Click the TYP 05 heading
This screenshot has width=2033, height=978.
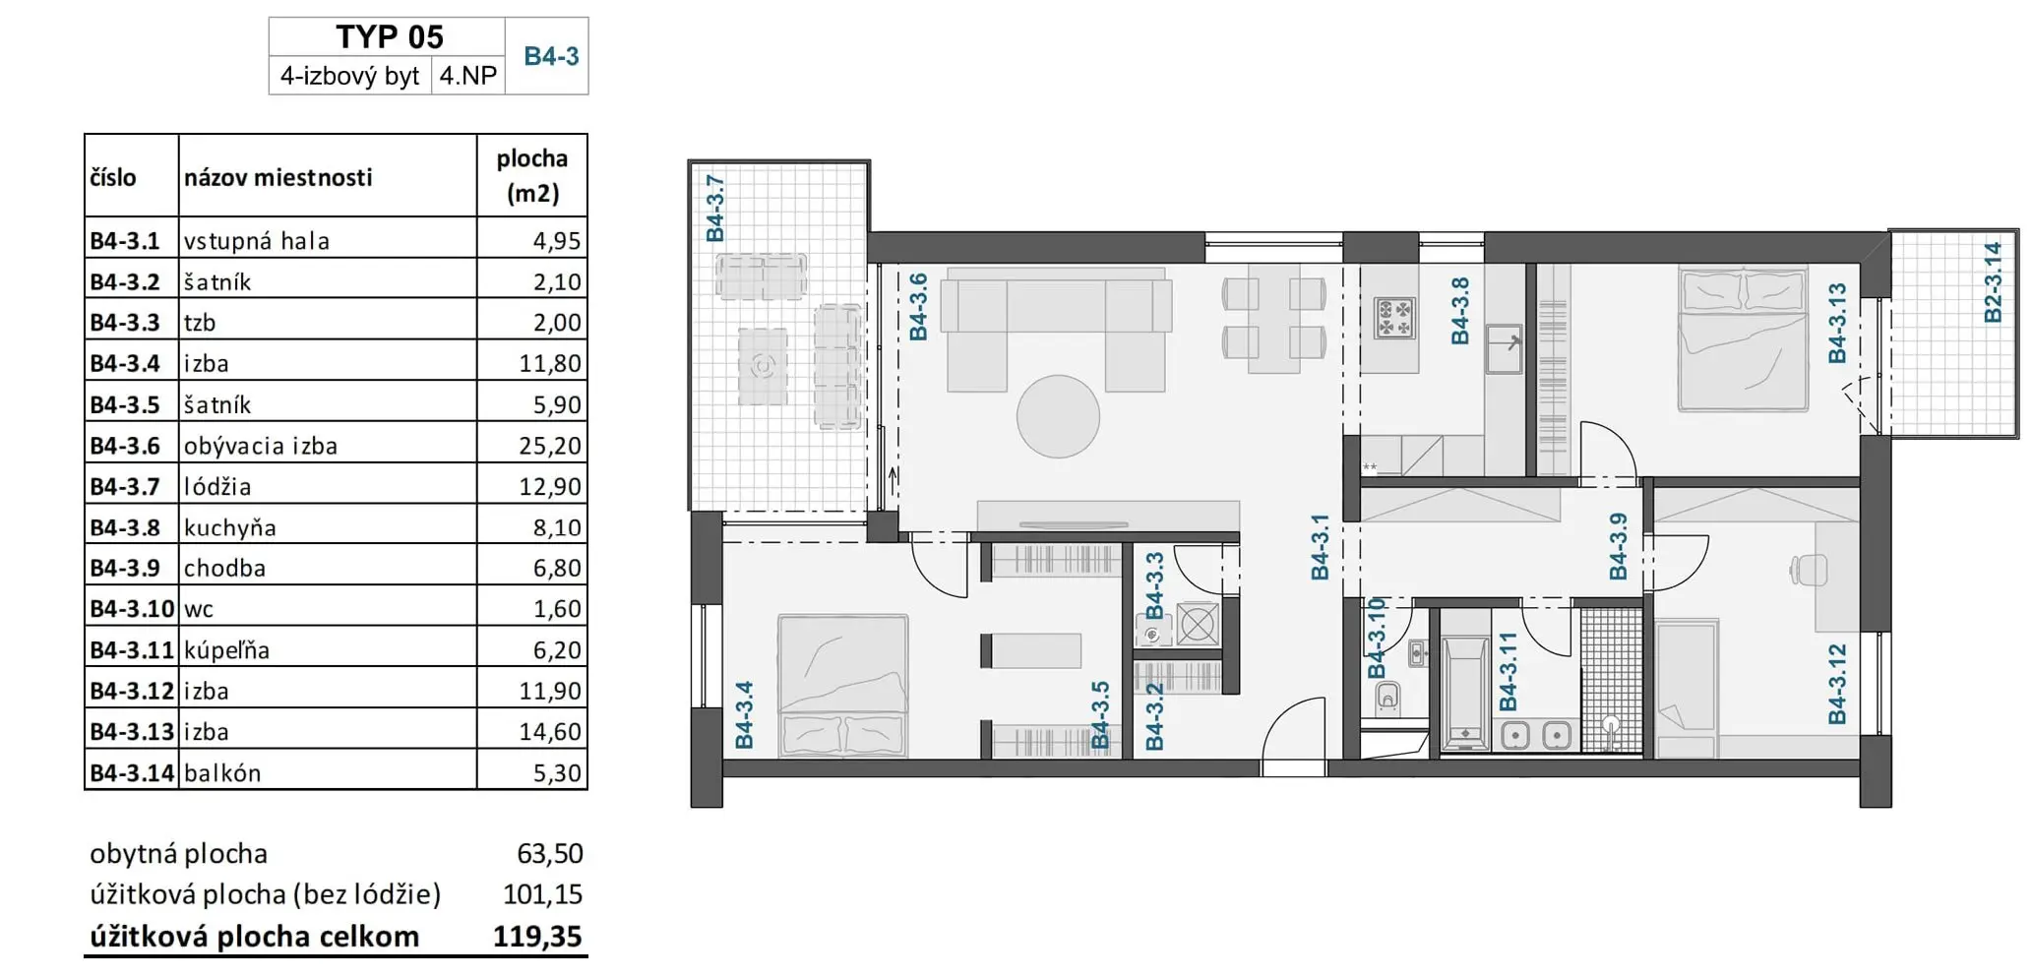(x=390, y=36)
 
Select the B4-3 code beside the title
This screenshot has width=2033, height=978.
(x=551, y=56)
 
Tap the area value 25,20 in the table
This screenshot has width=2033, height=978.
(x=550, y=446)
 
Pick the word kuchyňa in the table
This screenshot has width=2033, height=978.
(x=230, y=527)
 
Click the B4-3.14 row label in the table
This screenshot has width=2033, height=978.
(x=132, y=772)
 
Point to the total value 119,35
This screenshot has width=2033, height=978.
(x=537, y=936)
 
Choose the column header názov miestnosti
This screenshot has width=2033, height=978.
(x=278, y=177)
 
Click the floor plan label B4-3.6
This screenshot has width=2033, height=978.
(x=918, y=307)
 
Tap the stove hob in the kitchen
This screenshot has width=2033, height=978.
(x=1394, y=318)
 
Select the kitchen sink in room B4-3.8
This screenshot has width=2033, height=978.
(x=1504, y=348)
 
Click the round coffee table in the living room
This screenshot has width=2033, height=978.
(x=1058, y=416)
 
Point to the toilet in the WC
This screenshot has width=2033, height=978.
(x=1387, y=699)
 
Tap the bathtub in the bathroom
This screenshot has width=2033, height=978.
(x=1465, y=693)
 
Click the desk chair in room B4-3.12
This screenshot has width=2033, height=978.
(x=1808, y=570)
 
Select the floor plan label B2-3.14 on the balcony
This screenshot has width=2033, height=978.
(x=1992, y=282)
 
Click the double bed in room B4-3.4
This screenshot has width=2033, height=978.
(x=842, y=686)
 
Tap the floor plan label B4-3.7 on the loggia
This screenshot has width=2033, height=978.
(x=715, y=209)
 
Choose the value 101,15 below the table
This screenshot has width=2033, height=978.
(x=542, y=894)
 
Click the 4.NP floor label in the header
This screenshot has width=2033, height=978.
(x=468, y=76)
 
